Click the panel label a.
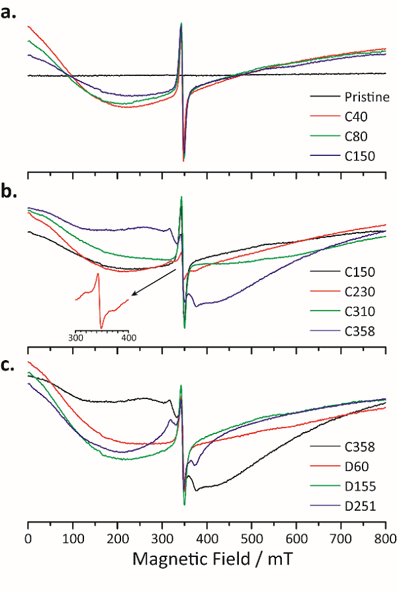(x=9, y=11)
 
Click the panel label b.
(x=9, y=192)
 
